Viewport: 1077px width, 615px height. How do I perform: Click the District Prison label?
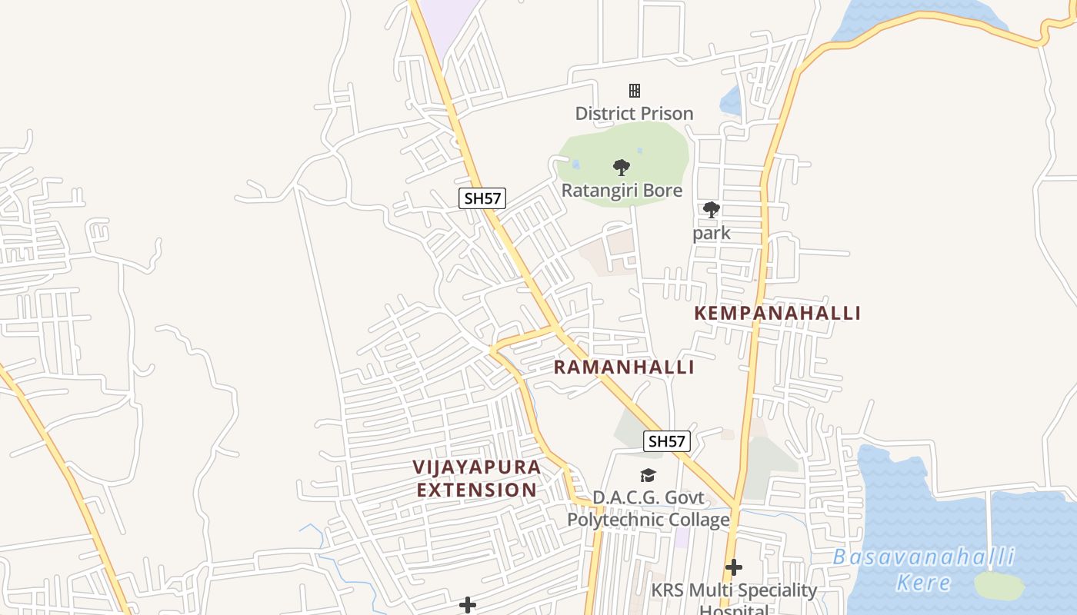(x=634, y=113)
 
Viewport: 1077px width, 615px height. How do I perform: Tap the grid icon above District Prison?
(x=635, y=91)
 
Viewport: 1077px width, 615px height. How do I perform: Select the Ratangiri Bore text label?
(x=622, y=190)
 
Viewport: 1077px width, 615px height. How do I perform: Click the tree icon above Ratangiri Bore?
(x=622, y=167)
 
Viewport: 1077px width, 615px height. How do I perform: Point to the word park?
(x=711, y=232)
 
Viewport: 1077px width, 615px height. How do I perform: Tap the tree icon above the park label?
(x=712, y=209)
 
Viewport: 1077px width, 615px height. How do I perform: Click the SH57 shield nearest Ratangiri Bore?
(x=482, y=198)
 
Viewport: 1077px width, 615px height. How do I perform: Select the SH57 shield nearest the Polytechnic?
(x=667, y=441)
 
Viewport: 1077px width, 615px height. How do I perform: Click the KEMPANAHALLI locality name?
(x=777, y=313)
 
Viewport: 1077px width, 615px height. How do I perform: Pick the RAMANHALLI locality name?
(x=624, y=367)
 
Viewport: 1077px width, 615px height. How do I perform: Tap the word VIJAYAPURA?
(x=477, y=467)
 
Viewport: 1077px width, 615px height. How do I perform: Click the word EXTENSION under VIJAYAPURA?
(x=477, y=490)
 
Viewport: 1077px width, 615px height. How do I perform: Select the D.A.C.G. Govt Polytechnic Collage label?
(x=649, y=508)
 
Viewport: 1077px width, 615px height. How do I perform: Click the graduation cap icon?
(x=649, y=476)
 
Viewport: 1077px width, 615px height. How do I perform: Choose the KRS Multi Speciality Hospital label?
(x=734, y=597)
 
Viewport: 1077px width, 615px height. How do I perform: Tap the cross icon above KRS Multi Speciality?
(x=734, y=567)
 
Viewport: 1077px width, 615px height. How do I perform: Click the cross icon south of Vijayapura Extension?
(x=467, y=605)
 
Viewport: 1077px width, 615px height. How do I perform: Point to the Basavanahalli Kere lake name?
(x=924, y=569)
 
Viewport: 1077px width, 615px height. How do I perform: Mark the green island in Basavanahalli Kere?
(x=999, y=586)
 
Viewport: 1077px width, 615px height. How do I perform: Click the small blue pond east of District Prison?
(x=730, y=101)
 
